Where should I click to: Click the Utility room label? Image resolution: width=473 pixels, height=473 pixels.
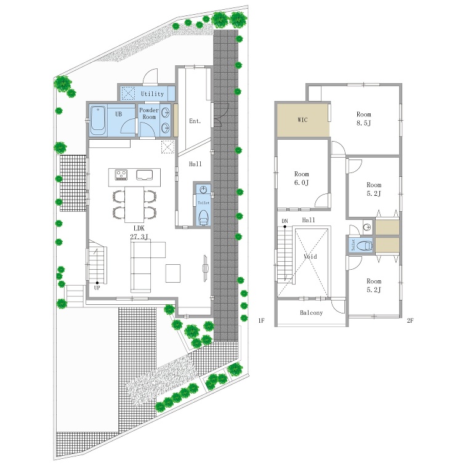152,94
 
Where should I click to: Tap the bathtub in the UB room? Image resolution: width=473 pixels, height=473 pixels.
98,120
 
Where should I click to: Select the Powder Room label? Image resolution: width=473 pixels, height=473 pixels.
149,113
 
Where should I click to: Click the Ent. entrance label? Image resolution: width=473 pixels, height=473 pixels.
195,121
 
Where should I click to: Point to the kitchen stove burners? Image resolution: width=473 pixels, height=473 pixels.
121,175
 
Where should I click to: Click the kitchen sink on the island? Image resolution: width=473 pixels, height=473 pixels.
145,175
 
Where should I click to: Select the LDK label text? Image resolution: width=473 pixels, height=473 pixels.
139,228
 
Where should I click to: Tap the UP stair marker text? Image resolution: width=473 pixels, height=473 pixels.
97,288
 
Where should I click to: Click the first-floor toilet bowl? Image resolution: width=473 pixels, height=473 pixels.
204,217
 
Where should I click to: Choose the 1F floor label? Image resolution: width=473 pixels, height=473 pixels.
261,320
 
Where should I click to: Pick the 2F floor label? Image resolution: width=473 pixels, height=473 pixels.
410,320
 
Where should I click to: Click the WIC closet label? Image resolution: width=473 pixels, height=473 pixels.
302,119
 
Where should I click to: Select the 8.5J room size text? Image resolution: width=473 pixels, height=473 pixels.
364,123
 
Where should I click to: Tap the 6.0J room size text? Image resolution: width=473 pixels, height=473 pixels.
301,182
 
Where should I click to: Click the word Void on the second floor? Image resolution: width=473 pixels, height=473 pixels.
310,256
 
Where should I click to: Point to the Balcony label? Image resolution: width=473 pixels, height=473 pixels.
311,313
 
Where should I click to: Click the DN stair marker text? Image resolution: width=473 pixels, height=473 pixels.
285,221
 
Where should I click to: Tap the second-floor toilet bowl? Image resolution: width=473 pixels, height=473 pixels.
365,246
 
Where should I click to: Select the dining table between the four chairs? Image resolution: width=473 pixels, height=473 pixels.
134,204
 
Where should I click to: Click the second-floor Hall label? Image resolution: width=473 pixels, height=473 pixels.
309,220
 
